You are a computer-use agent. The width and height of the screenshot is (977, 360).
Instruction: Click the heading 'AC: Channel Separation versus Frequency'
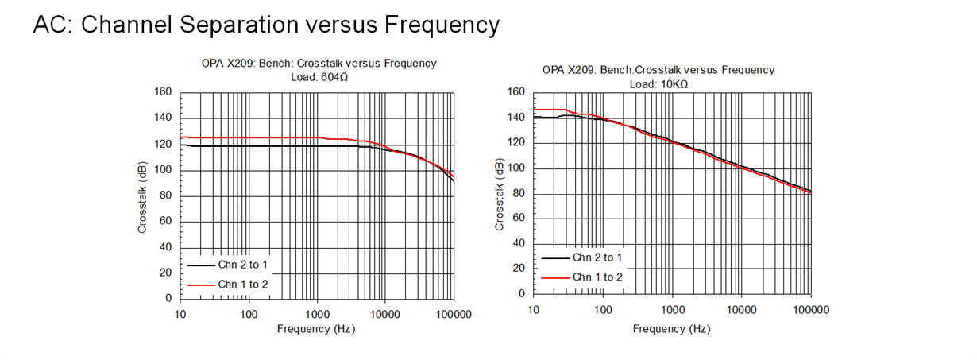[x=266, y=25]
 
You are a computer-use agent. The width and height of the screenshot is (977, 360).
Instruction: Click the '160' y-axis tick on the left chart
[x=163, y=92]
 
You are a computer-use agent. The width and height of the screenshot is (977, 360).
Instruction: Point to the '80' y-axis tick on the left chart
[x=166, y=195]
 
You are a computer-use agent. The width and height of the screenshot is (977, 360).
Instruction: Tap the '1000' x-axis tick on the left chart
[x=317, y=315]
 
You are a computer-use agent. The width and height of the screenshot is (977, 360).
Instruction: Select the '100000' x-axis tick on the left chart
[x=454, y=315]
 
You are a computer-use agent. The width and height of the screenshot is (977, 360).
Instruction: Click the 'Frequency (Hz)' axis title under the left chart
[x=316, y=329]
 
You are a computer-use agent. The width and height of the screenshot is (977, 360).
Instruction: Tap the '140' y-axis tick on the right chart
[x=516, y=118]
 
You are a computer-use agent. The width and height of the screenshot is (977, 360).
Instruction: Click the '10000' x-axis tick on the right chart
[x=740, y=309]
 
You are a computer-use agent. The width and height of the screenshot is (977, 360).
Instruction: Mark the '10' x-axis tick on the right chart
[x=534, y=309]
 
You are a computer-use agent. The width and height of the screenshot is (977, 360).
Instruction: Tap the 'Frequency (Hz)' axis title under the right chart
[x=671, y=328]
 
